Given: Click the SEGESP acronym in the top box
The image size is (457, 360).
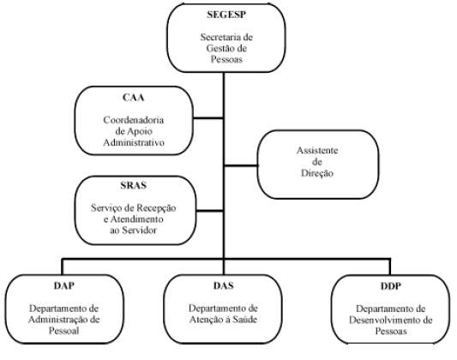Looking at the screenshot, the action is pos(226,15).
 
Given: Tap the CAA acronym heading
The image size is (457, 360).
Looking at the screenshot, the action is pos(134,97).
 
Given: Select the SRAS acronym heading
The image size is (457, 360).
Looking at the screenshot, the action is pos(134,185).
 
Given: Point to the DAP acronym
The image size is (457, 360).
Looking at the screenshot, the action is pos(64,285).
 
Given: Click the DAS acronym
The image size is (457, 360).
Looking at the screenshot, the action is pos(224,285).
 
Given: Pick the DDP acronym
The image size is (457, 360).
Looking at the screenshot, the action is pos(391,286).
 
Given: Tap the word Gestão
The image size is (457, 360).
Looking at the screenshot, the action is pos(219,48).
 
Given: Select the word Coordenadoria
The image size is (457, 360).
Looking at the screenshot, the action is pos(134,120).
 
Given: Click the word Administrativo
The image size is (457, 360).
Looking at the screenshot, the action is pos(134,143).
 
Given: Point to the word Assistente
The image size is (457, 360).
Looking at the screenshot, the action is pos(317,150).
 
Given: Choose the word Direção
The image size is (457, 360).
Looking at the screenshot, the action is pos(317,173).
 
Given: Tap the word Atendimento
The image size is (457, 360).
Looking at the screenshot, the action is pos(136,219).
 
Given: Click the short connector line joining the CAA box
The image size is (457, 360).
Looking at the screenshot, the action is pos(208,118).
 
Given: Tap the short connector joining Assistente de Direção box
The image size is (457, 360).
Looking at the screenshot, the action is pos(241,165).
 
